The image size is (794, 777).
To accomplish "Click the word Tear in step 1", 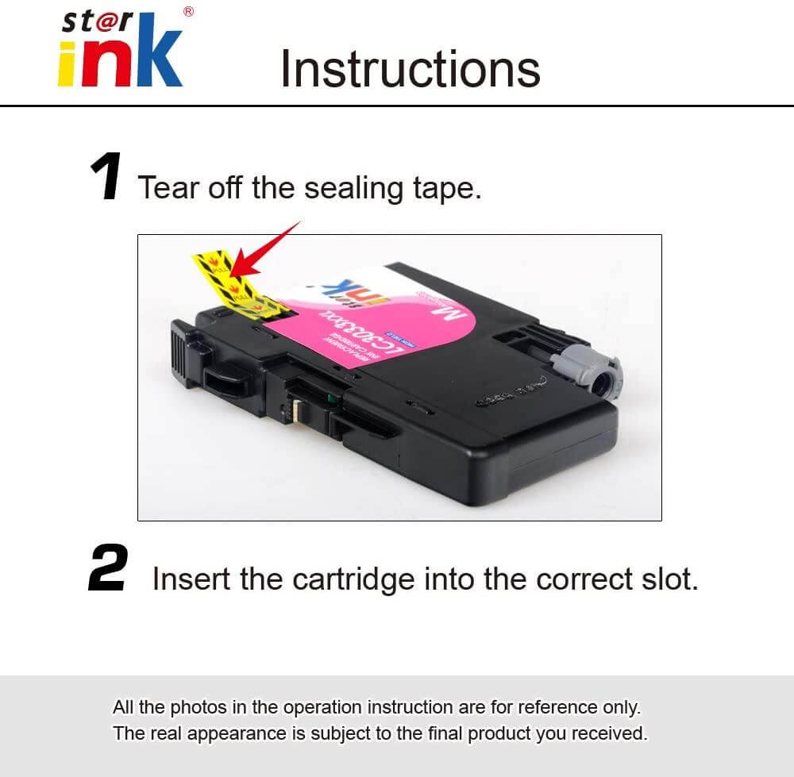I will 169,188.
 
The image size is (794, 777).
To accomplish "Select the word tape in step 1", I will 444,189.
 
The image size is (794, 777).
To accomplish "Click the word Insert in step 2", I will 191,579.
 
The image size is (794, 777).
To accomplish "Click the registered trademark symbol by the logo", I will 188,11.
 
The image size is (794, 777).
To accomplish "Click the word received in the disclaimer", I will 611,733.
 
